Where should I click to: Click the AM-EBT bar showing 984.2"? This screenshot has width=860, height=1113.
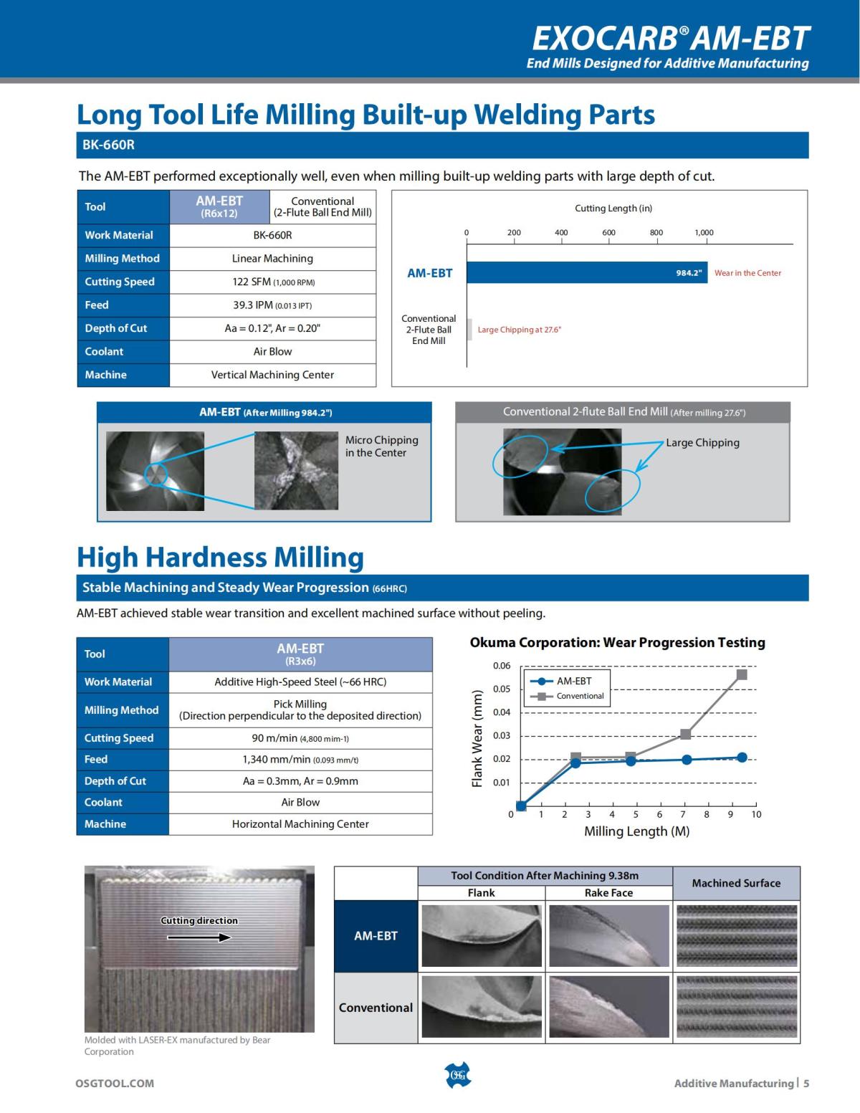tap(587, 273)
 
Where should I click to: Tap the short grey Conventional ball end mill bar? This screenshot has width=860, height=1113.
tap(469, 329)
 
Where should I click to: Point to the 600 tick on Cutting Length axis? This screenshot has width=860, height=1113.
tap(608, 233)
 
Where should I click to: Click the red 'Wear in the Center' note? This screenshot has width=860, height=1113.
tap(747, 273)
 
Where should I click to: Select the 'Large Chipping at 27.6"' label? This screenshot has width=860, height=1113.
tap(519, 330)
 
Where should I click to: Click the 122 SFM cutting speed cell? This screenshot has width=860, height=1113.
tap(272, 282)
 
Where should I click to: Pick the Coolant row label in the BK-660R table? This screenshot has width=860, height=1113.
tap(104, 351)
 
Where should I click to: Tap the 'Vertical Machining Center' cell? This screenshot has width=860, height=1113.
tap(272, 375)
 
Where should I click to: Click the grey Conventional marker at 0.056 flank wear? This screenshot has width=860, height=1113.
tap(742, 674)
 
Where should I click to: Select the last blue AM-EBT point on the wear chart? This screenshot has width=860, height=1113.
tap(742, 758)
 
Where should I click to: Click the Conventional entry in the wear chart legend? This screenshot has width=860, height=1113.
tap(579, 696)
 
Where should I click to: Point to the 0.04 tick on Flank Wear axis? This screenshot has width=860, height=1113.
tap(502, 712)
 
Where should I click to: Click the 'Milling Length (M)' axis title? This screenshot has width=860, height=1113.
tap(636, 831)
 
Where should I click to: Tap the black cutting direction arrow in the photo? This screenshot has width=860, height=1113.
tap(204, 937)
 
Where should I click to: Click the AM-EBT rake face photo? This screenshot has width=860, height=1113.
tap(608, 935)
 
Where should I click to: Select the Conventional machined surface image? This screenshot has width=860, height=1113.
tap(736, 1007)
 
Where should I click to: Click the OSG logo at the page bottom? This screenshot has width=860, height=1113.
tap(458, 1075)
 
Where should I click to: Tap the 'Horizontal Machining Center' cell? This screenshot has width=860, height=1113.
tap(300, 824)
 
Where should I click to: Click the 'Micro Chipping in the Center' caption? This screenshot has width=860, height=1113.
tap(381, 446)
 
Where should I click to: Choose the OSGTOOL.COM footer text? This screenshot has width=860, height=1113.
tap(115, 1083)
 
